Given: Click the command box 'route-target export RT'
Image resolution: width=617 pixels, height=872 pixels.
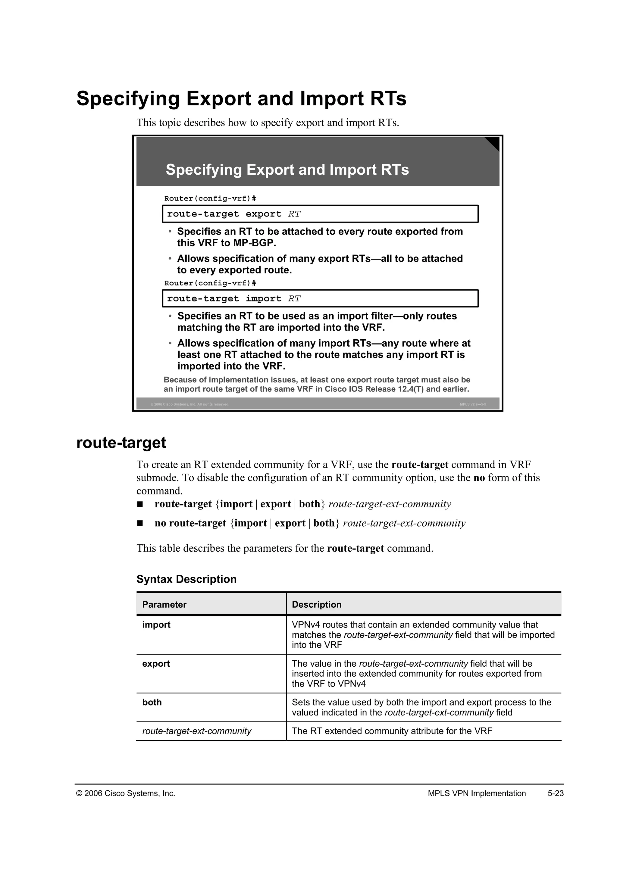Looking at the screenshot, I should [320, 214].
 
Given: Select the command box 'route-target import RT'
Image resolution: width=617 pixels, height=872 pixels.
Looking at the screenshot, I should [320, 298].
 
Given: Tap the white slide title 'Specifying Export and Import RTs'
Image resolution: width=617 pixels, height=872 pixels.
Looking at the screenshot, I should [287, 170].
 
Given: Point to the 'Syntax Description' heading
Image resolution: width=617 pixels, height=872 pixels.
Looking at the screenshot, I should [186, 579].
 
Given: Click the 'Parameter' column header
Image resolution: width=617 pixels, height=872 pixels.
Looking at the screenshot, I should [164, 605].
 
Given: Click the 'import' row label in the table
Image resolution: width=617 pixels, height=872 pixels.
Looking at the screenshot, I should [156, 625].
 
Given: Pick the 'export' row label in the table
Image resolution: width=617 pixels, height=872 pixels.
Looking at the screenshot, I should [156, 664].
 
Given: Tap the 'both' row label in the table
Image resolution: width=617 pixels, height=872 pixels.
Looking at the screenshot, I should [152, 702].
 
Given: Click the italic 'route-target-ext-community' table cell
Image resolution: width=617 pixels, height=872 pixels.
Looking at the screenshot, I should [196, 731].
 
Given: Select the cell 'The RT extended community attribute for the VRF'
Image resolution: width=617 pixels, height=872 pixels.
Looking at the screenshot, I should [392, 731].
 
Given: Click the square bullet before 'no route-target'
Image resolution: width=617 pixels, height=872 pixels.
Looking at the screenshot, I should [140, 523].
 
